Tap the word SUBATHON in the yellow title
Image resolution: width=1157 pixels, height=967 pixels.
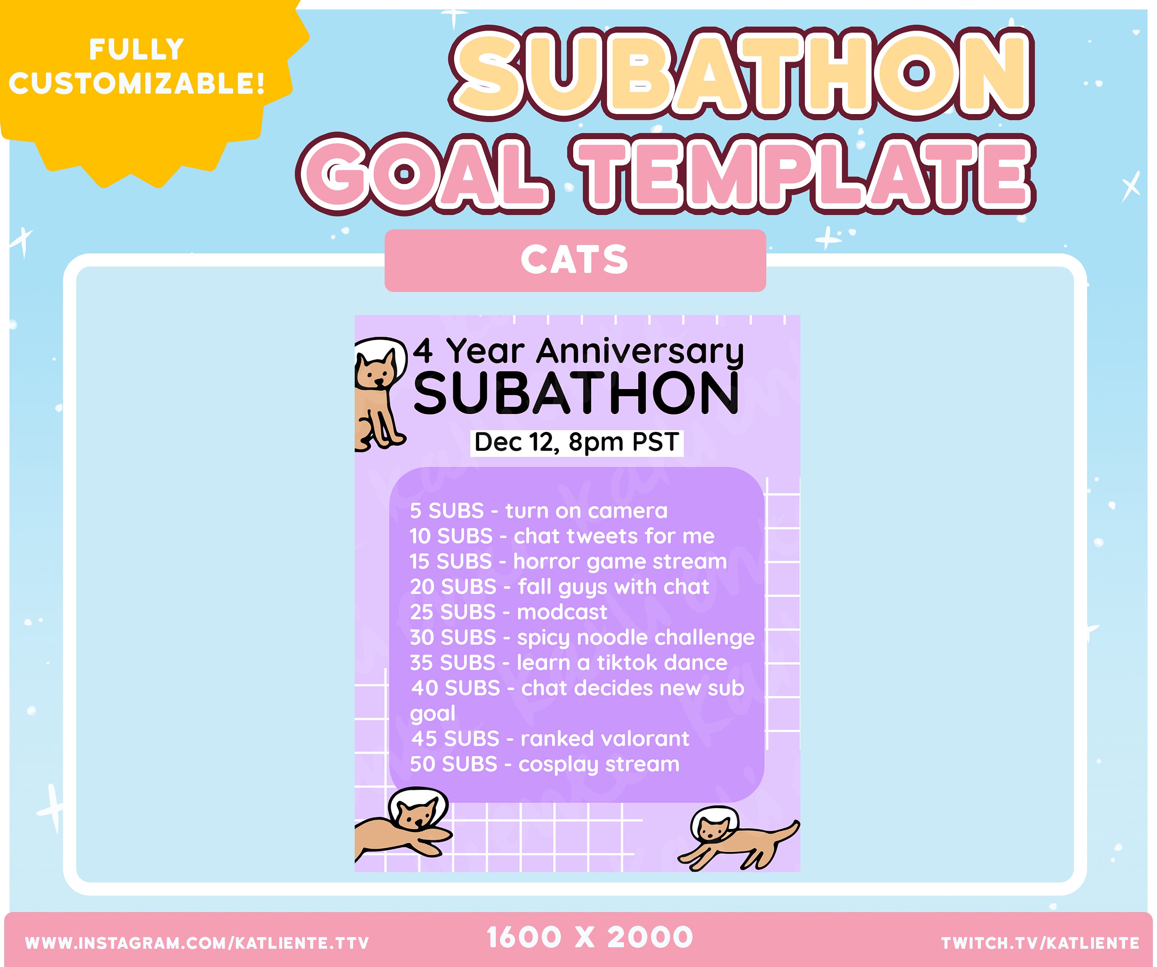click(741, 73)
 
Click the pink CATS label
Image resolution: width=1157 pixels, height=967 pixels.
click(575, 260)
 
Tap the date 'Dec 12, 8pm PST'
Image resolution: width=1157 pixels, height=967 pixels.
click(576, 442)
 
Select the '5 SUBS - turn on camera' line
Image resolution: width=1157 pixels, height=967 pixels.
click(538, 511)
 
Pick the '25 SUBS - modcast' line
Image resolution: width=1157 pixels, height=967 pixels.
click(508, 612)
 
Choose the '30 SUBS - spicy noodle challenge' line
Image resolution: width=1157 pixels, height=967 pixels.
click(582, 638)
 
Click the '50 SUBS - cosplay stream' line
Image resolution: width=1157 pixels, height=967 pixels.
click(544, 764)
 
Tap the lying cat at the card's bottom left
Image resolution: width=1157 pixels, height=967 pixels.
click(405, 826)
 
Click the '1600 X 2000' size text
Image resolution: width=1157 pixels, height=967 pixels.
click(590, 938)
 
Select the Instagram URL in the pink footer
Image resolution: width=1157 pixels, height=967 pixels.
click(197, 943)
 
